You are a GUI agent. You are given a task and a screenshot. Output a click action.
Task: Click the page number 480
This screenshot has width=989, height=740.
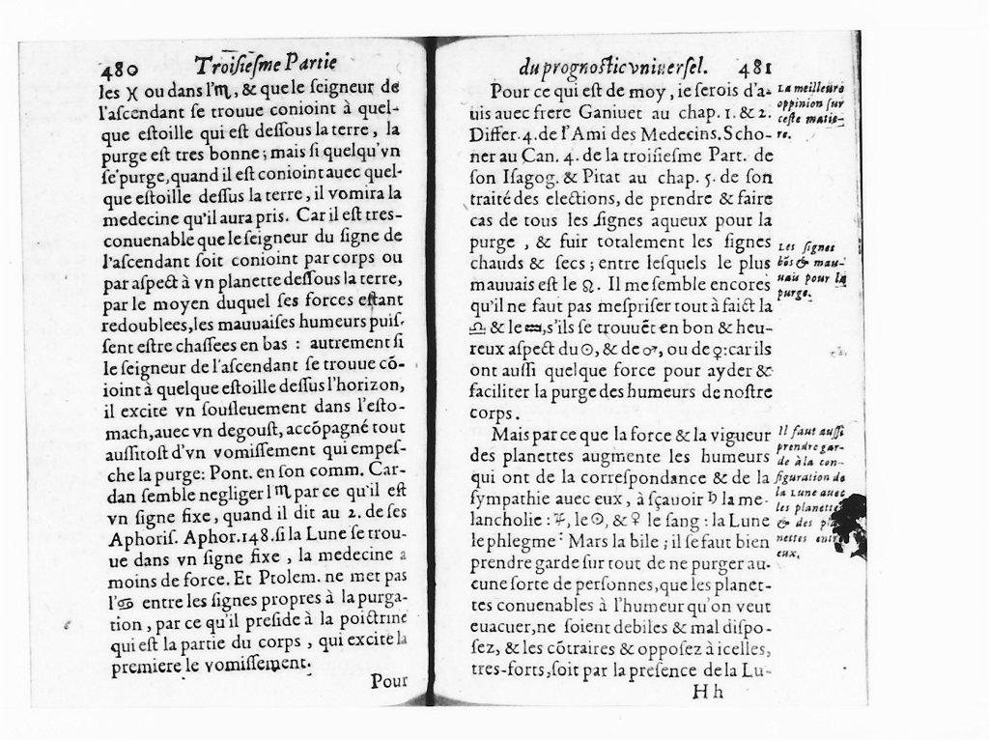tap(121, 69)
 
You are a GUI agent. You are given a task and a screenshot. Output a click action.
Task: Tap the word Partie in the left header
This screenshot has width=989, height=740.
tap(303, 65)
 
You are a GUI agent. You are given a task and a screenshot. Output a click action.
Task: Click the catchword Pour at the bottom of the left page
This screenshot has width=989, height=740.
tap(390, 681)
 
